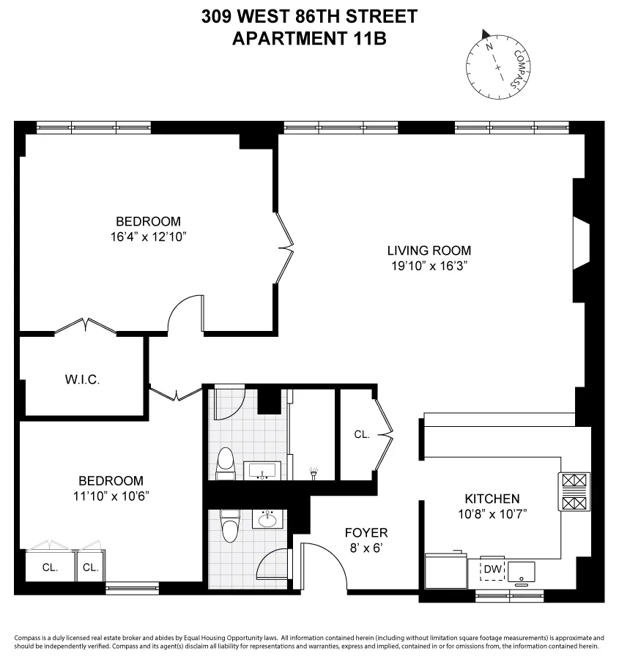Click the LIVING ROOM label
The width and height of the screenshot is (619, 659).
click(x=429, y=250)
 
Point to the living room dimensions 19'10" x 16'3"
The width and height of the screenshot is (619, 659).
click(x=429, y=266)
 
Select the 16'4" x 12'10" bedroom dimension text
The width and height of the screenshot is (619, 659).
click(x=148, y=237)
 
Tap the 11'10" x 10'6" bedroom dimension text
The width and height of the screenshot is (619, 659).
click(x=111, y=496)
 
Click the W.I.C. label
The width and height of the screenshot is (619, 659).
click(x=82, y=379)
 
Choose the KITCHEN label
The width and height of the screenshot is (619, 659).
click(x=491, y=499)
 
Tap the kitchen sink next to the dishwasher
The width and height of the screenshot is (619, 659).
click(x=522, y=570)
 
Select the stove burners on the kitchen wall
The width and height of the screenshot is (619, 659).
click(x=574, y=492)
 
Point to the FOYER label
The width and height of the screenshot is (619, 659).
click(x=366, y=532)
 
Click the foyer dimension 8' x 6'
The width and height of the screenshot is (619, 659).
click(x=366, y=547)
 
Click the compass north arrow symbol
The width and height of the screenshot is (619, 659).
click(x=485, y=33)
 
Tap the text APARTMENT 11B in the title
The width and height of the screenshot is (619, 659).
click(x=308, y=39)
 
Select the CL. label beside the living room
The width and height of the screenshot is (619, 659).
click(x=361, y=434)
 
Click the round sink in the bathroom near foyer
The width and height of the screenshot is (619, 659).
click(x=267, y=520)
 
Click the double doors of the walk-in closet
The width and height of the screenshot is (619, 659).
click(x=86, y=326)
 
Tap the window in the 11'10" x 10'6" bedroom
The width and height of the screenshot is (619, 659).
click(x=132, y=587)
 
